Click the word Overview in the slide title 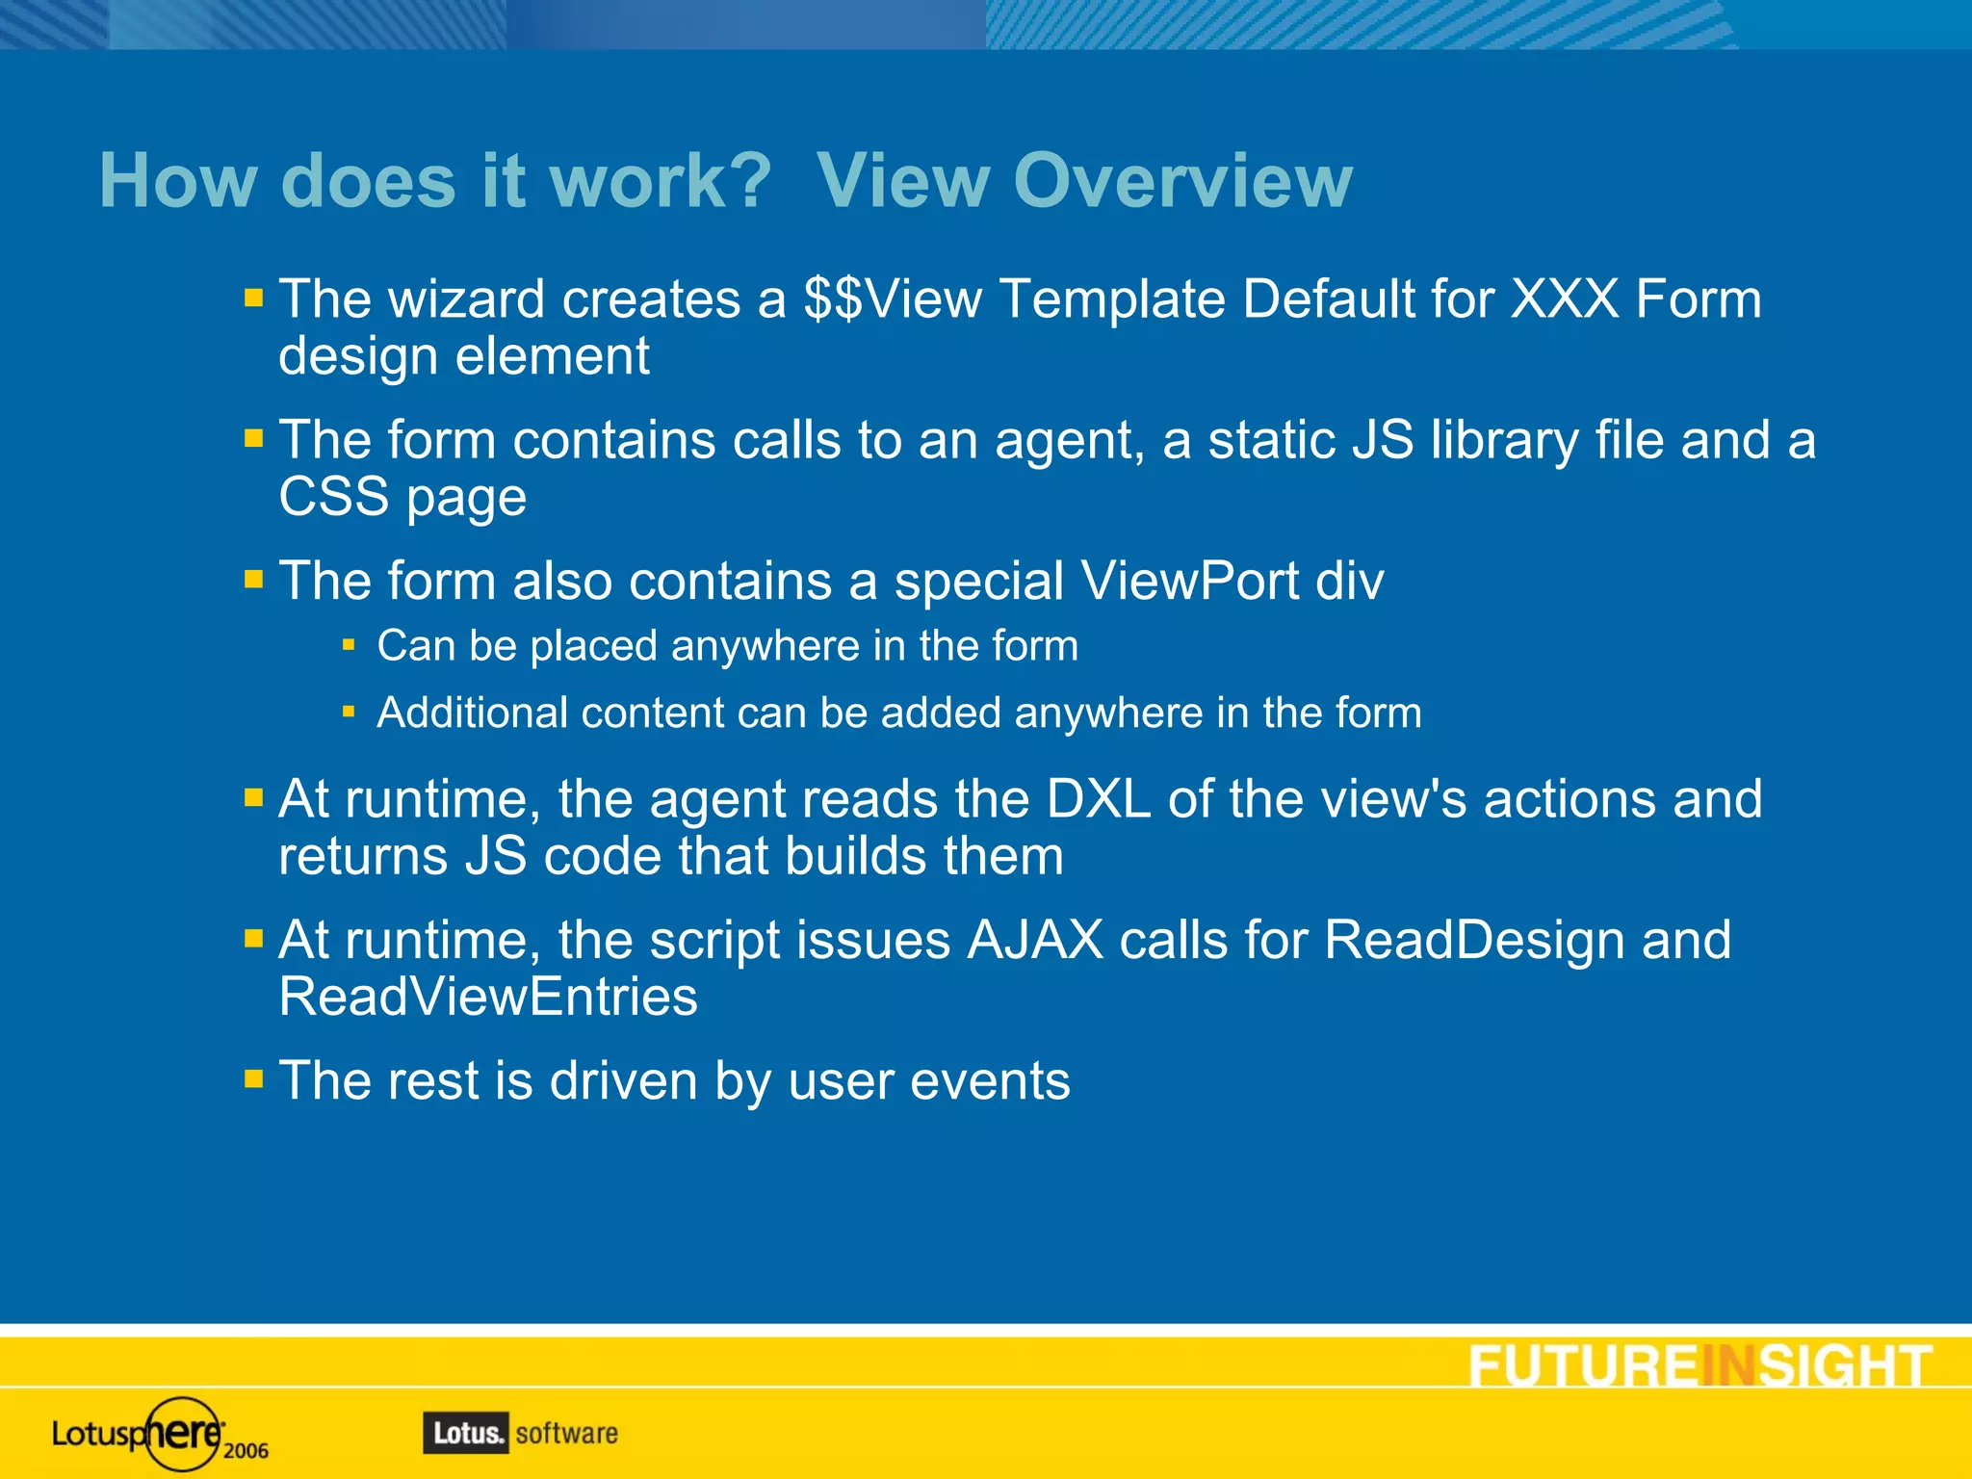pyautogui.click(x=1182, y=181)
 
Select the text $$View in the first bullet pyautogui.click(x=893, y=298)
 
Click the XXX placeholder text pyautogui.click(x=1565, y=298)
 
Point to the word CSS pyautogui.click(x=334, y=497)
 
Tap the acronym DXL pyautogui.click(x=1098, y=799)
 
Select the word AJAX pyautogui.click(x=1035, y=940)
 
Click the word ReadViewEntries pyautogui.click(x=488, y=997)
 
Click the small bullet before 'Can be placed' pyautogui.click(x=349, y=644)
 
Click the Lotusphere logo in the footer pyautogui.click(x=140, y=1434)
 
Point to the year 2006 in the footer pyautogui.click(x=246, y=1451)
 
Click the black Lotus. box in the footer pyautogui.click(x=466, y=1433)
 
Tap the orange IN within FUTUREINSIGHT pyautogui.click(x=1729, y=1365)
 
